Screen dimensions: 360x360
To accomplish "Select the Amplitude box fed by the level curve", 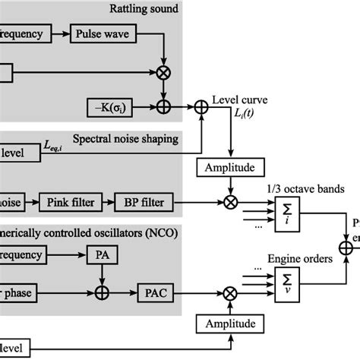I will click(230, 166).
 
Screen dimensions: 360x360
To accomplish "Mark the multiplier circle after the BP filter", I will click(230, 202).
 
